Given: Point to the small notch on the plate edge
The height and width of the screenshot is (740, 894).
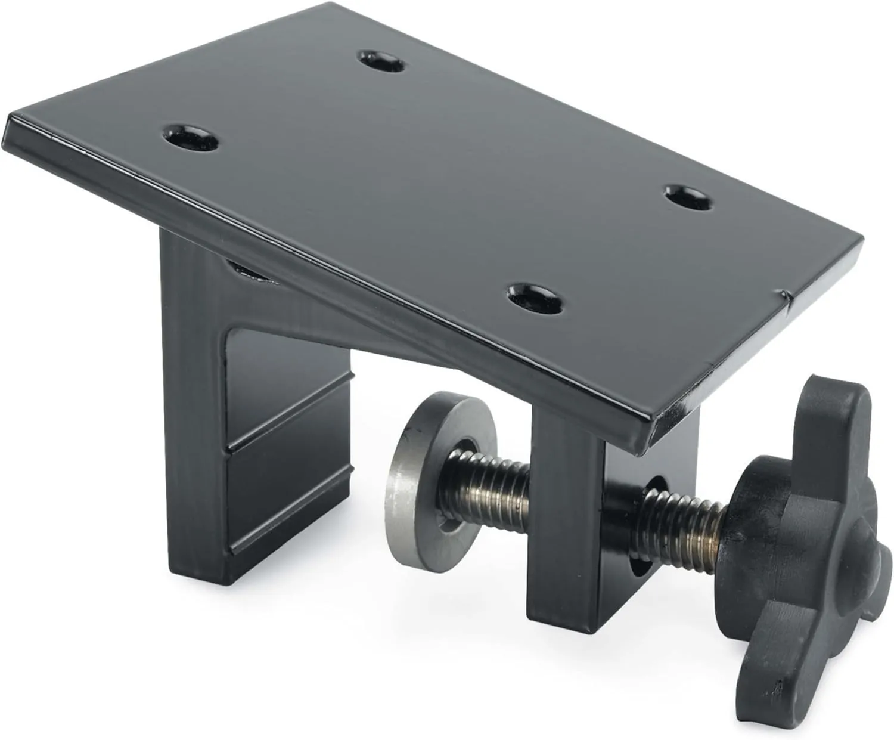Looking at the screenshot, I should (x=786, y=294).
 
